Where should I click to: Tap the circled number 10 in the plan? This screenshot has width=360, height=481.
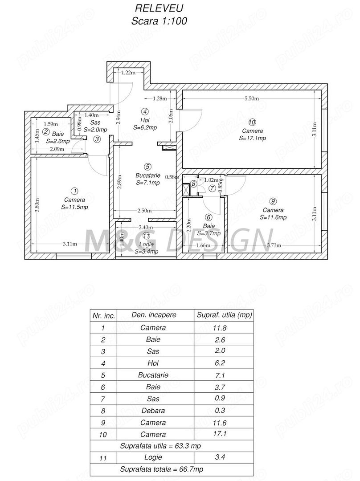pyautogui.click(x=252, y=122)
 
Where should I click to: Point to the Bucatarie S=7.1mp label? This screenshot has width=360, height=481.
pyautogui.click(x=148, y=179)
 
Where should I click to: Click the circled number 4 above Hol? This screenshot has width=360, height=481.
pyautogui.click(x=144, y=111)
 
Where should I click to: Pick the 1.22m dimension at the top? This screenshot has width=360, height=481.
pyautogui.click(x=128, y=73)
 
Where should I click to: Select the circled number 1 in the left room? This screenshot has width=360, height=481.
pyautogui.click(x=74, y=191)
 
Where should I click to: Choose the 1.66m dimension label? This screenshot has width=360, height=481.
pyautogui.click(x=203, y=245)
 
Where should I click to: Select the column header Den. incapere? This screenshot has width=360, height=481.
pyautogui.click(x=154, y=315)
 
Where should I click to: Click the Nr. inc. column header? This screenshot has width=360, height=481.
pyautogui.click(x=104, y=315)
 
